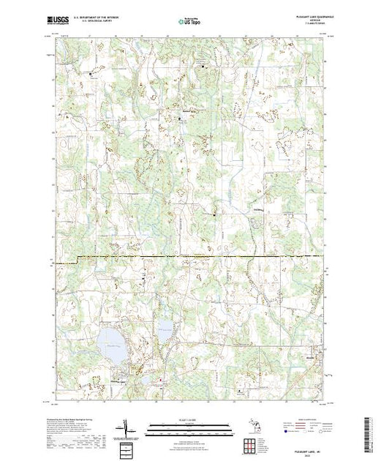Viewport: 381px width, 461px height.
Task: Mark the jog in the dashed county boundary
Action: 77,258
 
